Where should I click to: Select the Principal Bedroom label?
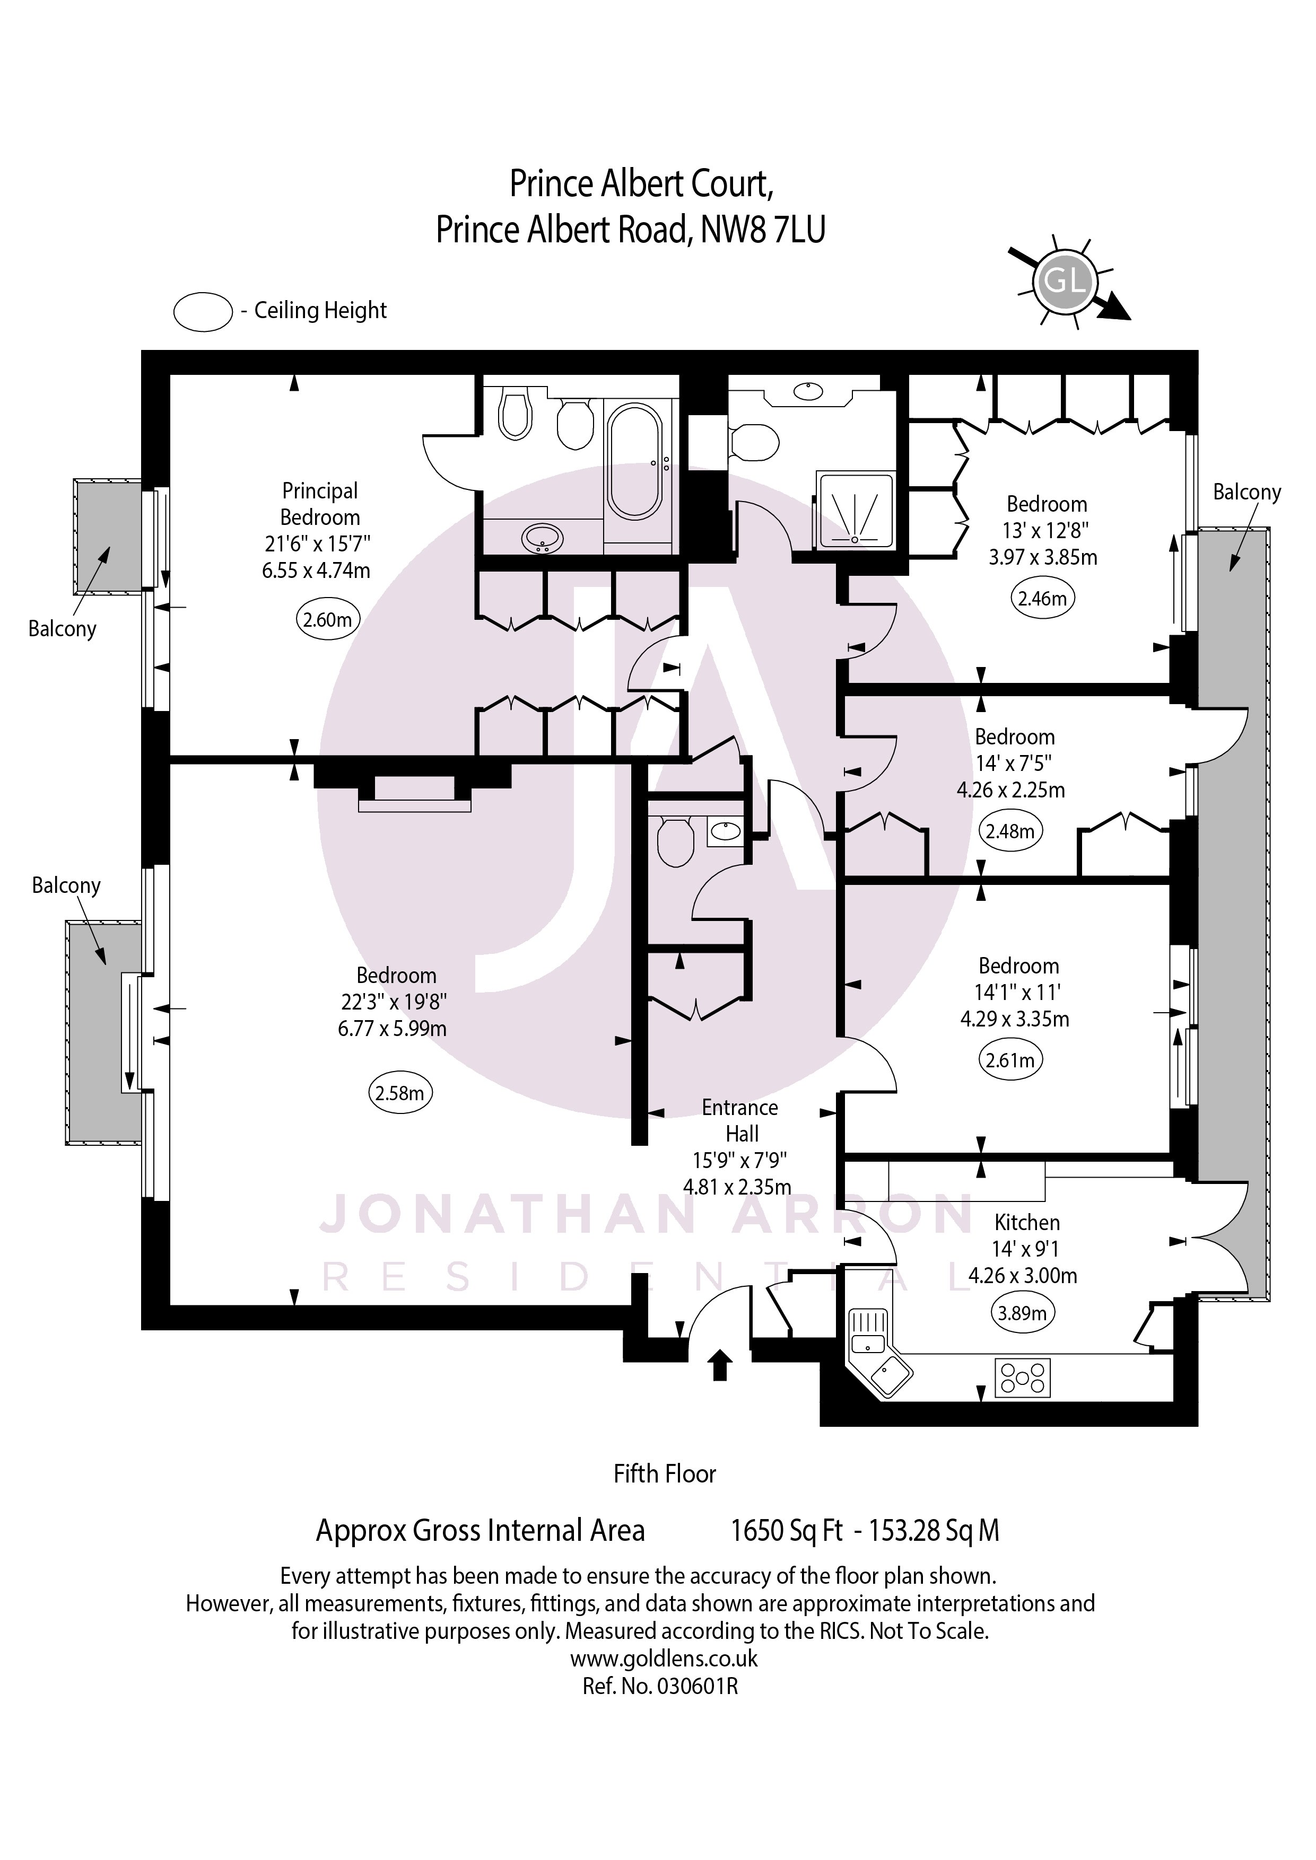tap(320, 504)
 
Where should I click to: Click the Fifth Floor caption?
tap(665, 1473)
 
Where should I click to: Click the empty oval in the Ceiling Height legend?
tap(203, 312)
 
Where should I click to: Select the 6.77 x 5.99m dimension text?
tap(392, 1028)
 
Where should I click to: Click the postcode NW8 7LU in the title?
tap(763, 230)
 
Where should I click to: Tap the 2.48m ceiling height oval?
tap(1010, 831)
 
